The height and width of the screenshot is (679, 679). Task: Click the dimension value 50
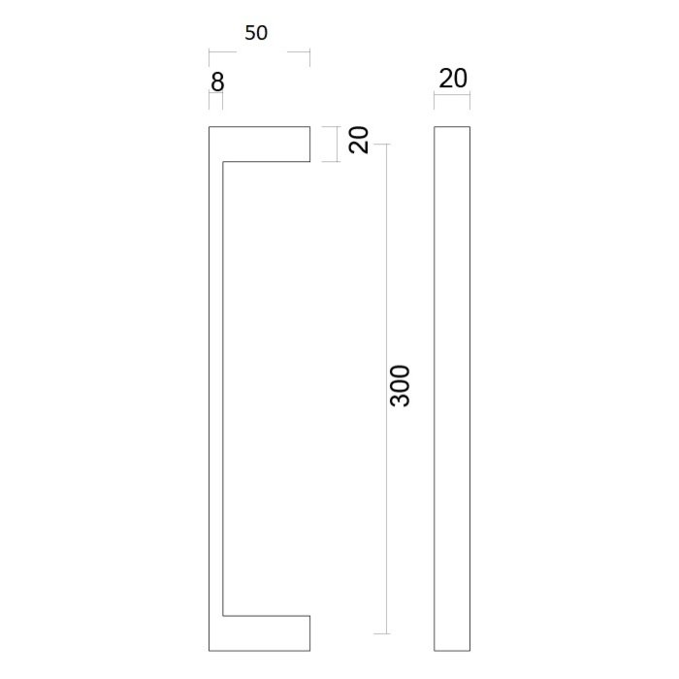coord(256,33)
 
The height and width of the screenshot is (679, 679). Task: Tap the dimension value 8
coord(217,82)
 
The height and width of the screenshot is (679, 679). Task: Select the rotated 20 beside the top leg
coord(360,141)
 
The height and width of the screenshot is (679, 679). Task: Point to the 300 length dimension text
coord(400,386)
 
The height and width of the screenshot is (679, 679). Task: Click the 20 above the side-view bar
coord(453,79)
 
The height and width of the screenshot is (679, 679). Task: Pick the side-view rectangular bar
coord(452,388)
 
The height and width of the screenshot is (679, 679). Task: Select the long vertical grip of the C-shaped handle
coord(217,388)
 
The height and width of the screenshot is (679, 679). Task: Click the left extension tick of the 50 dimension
coord(210,57)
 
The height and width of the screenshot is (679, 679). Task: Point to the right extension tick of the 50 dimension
coord(309,57)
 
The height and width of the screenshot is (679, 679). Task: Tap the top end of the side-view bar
coord(452,126)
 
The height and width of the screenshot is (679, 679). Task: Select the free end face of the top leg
coord(310,143)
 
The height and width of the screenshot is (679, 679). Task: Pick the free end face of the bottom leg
coord(310,632)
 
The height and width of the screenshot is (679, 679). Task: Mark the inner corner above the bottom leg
coord(225,615)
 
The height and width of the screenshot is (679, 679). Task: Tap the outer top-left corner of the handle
coord(210,126)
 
